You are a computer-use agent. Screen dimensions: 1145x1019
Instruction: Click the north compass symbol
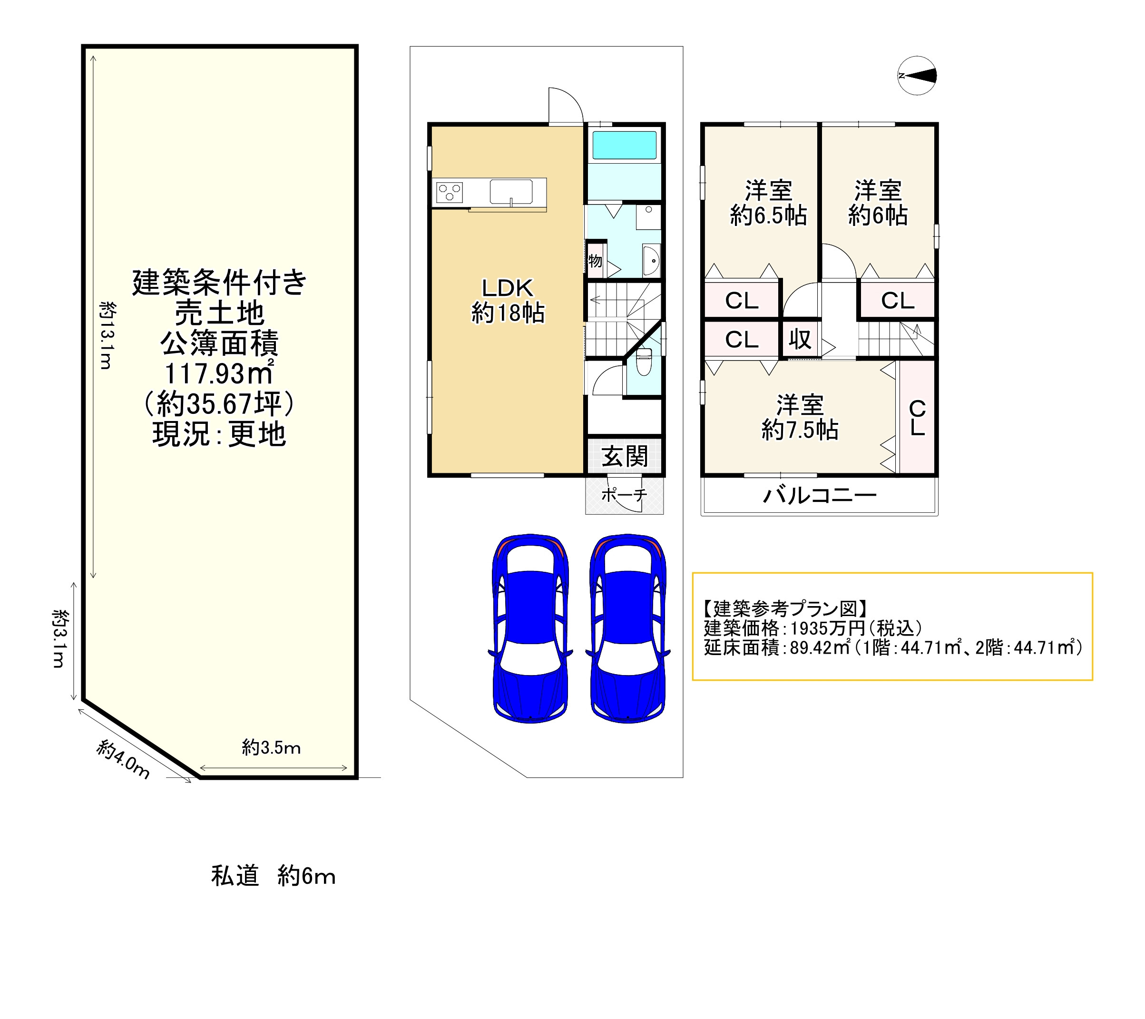coord(917,76)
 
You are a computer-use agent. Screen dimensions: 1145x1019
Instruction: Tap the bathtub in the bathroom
coord(624,145)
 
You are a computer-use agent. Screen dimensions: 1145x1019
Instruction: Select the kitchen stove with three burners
coord(449,192)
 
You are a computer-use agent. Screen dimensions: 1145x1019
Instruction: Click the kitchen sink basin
coord(511,192)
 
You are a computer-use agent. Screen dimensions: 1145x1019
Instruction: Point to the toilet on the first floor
coord(644,362)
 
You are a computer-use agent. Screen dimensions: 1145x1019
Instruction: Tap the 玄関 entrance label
coord(625,457)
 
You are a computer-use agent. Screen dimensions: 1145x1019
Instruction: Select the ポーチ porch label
coord(624,494)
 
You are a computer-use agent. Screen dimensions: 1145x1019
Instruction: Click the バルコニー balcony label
coord(820,495)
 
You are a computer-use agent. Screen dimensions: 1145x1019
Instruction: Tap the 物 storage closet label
coord(595,261)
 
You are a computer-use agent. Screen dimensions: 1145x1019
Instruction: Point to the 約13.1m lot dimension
coord(107,335)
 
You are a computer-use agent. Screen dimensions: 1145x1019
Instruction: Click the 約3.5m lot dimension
coord(271,747)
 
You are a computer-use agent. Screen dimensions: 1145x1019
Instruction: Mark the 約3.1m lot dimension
coord(60,638)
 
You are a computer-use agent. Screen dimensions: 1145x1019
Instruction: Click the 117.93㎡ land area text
coord(219,373)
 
